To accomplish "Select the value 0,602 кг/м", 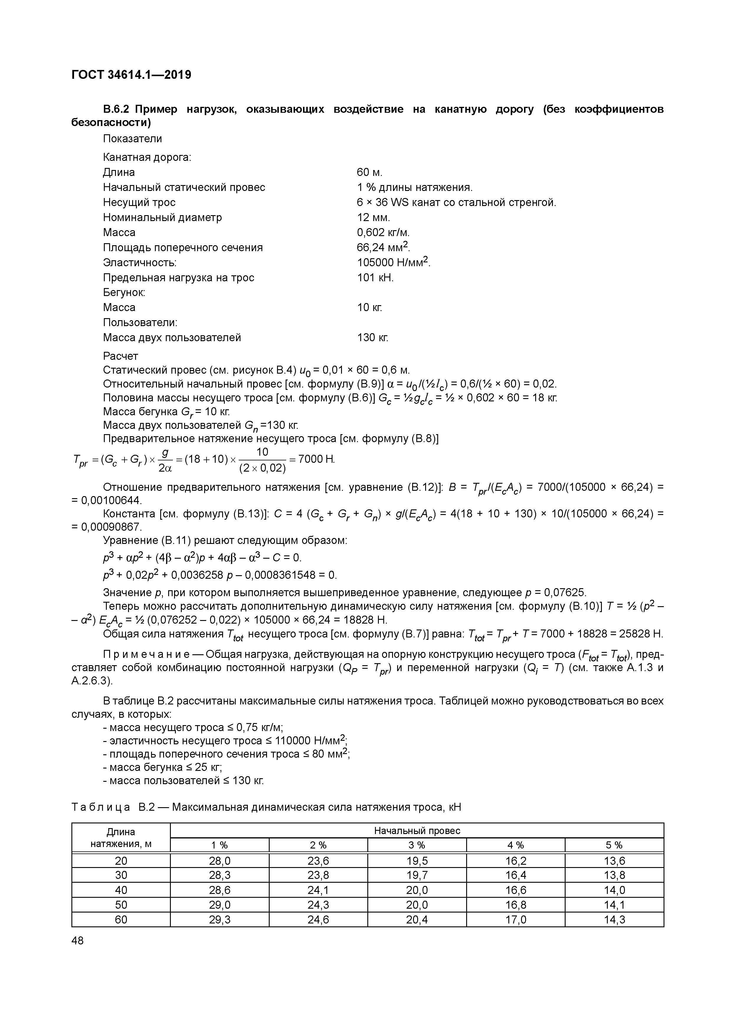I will [x=383, y=232].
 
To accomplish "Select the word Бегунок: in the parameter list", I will [x=124, y=292].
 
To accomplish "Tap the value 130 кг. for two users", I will [x=372, y=337].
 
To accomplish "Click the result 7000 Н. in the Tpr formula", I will [x=317, y=459].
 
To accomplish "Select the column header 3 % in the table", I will [x=417, y=845].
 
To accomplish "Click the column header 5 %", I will [x=614, y=845].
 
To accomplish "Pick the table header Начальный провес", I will [x=417, y=831].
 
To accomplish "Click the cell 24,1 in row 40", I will [x=318, y=890].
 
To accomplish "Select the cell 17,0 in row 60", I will [x=516, y=920].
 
